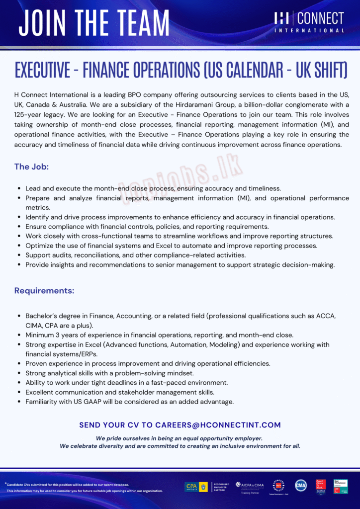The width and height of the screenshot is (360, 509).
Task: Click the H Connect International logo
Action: [x=309, y=22]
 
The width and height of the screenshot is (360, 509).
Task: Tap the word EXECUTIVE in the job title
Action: [x=42, y=71]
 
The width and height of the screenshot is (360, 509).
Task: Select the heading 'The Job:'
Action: [x=31, y=167]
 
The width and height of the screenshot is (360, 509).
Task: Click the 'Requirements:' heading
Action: [x=44, y=291]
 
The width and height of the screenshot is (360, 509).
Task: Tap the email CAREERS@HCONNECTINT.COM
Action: [x=218, y=425]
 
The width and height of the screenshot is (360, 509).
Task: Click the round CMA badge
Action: [x=301, y=486]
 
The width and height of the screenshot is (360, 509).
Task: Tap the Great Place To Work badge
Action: [x=321, y=486]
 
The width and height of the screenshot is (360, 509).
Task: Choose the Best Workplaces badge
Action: [x=341, y=486]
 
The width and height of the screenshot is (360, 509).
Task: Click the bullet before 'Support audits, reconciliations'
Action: [x=18, y=255]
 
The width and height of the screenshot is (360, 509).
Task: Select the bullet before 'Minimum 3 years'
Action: [x=18, y=335]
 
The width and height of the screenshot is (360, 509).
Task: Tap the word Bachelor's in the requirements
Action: [x=42, y=316]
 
